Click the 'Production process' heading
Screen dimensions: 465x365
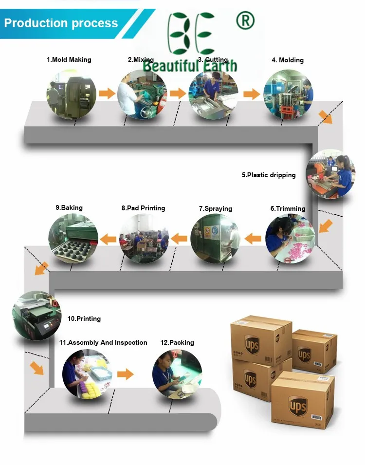point(61,23)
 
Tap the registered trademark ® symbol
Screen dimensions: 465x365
point(245,21)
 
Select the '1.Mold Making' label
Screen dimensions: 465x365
point(69,59)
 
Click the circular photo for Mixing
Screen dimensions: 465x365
point(142,95)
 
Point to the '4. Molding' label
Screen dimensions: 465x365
point(288,60)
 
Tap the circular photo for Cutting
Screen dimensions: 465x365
point(213,95)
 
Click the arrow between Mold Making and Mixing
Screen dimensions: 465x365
point(107,93)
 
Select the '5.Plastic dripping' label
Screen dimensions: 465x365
point(269,175)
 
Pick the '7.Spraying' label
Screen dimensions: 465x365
point(216,208)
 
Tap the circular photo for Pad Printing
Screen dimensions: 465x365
point(144,239)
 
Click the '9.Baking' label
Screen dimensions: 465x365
point(69,207)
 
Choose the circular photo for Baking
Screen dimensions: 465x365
point(73,239)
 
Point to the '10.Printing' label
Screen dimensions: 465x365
point(84,318)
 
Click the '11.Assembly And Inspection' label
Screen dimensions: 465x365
point(103,342)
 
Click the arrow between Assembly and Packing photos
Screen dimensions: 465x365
point(126,374)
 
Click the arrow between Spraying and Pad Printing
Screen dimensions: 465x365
point(180,239)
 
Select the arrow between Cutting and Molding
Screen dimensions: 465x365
point(252,94)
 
